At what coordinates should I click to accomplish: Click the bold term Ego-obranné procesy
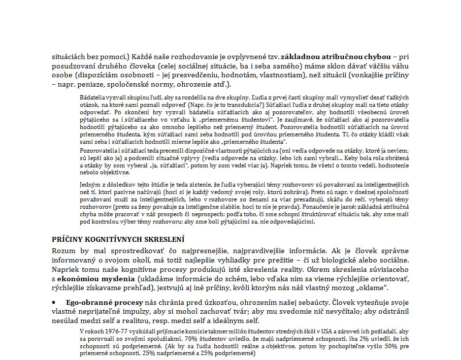pos(104,302)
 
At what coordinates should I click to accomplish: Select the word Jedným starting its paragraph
pos(90,185)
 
